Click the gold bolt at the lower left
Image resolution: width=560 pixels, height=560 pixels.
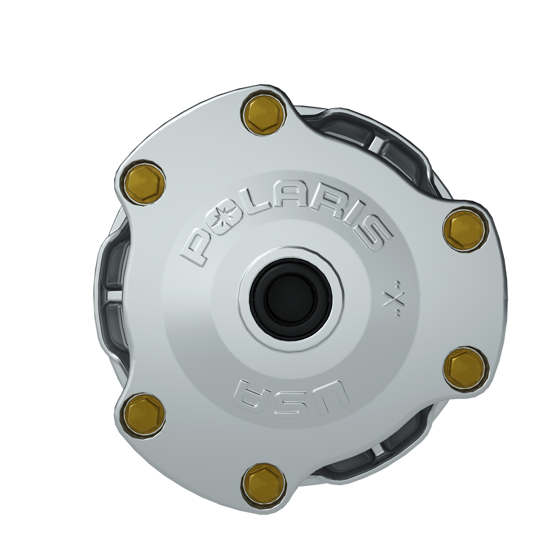(x=144, y=414)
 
